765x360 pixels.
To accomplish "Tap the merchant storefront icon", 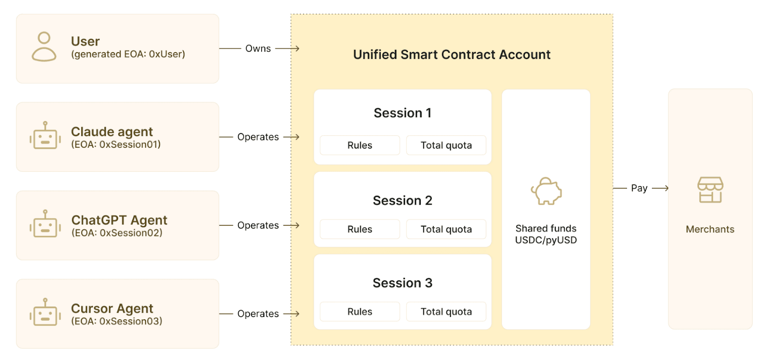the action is [x=710, y=190].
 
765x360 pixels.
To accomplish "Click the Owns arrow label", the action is [x=258, y=48].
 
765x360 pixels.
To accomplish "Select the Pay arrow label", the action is [x=639, y=188].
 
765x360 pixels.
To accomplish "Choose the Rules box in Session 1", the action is [x=360, y=145].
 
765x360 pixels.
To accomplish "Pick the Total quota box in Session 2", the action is [x=446, y=229].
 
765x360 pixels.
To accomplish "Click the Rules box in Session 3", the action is [x=360, y=312].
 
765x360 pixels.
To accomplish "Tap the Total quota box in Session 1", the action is [x=446, y=145].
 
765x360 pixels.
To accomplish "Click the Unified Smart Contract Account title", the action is [x=452, y=55].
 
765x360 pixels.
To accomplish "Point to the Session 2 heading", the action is [x=403, y=200].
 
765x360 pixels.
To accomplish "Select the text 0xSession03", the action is [x=129, y=321].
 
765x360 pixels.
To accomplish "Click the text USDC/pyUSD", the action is [x=546, y=240].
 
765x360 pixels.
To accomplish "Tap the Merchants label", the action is [x=710, y=229].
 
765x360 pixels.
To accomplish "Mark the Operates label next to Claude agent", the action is [x=258, y=137].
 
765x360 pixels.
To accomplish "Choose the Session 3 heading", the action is [x=403, y=283].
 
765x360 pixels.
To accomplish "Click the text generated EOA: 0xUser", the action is [x=128, y=55].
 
